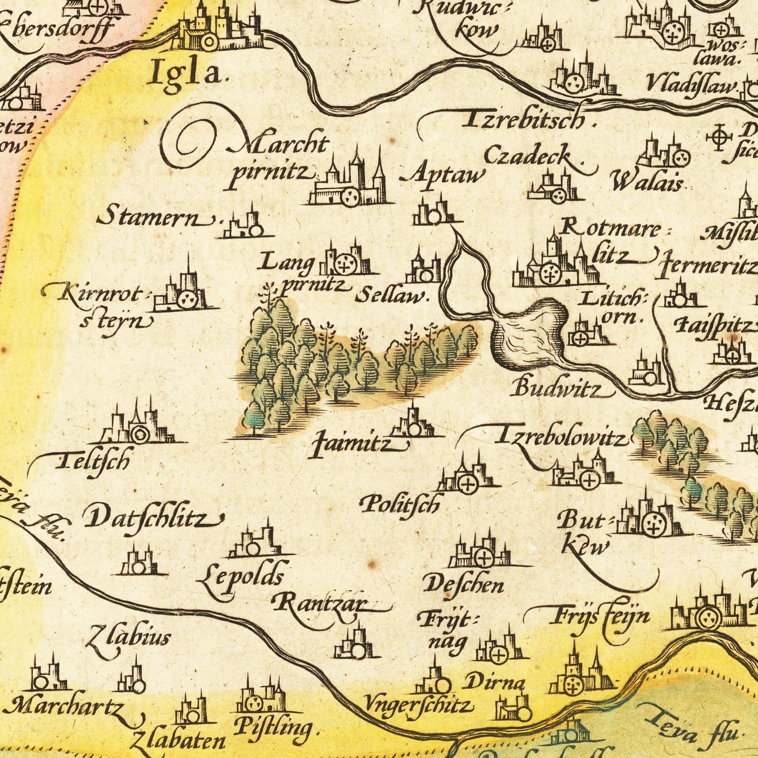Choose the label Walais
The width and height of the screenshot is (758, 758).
coord(647,183)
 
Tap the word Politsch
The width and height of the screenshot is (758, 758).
coord(399,505)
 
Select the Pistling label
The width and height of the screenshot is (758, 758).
coord(273,728)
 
